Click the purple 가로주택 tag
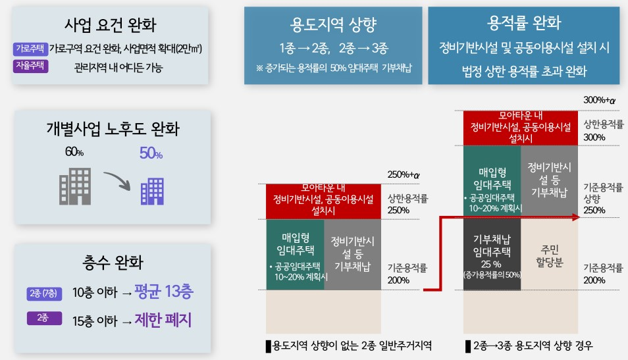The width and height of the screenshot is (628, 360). (x=30, y=49)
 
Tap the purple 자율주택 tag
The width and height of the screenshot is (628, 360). (x=30, y=66)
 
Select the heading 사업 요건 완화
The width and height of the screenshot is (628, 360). (x=110, y=25)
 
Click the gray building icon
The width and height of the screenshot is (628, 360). (x=75, y=187)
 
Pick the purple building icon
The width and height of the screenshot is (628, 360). (x=152, y=191)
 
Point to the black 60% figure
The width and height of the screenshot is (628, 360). (x=74, y=152)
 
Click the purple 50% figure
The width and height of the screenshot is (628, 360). (x=151, y=153)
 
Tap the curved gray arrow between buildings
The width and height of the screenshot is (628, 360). (x=118, y=180)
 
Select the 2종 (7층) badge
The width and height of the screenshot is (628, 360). (x=44, y=294)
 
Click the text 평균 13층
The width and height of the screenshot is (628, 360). (x=164, y=291)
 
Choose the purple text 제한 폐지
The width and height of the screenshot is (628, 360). (x=163, y=320)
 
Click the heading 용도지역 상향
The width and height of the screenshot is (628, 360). (x=333, y=24)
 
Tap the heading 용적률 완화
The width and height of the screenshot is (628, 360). (x=524, y=23)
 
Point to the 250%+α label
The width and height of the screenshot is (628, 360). (x=404, y=174)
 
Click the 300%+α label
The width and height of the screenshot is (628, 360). (x=599, y=100)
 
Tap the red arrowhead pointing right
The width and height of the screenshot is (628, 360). (x=577, y=217)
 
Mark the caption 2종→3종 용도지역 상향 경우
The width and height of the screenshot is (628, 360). (x=529, y=346)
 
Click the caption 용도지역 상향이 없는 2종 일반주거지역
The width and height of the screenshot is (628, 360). (x=349, y=346)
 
